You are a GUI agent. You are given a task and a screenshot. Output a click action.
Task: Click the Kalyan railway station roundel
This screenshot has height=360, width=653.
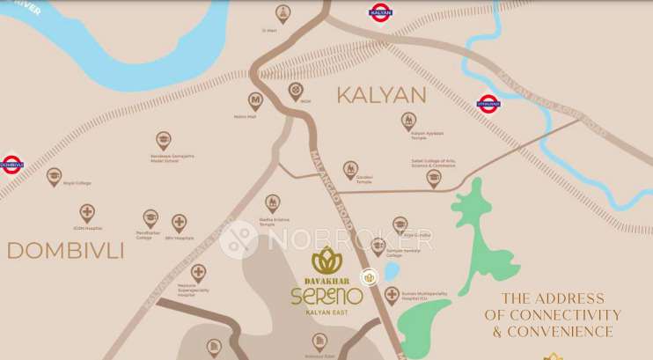(x=379, y=12)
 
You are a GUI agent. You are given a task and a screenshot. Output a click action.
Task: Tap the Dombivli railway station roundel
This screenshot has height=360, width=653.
(x=11, y=164)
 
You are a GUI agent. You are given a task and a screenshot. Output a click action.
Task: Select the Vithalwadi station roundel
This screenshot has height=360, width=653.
(x=488, y=104)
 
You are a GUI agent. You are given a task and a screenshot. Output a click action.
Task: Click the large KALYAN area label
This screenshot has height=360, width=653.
(x=382, y=95)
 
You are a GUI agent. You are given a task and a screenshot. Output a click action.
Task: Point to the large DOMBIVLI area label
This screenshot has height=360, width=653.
(x=65, y=251)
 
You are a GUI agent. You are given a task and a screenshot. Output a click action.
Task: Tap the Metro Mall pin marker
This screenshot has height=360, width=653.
(x=256, y=100)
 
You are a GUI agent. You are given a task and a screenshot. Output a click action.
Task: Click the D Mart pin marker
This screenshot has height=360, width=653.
(x=282, y=12)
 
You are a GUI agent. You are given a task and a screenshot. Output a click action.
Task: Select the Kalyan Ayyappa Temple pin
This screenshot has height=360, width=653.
(x=408, y=120)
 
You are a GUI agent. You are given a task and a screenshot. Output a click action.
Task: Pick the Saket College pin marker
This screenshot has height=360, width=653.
(x=433, y=178)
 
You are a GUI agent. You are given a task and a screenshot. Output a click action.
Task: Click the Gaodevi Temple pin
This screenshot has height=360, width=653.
(x=350, y=167)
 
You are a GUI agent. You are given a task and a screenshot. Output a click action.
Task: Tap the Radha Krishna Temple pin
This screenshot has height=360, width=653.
(x=273, y=202)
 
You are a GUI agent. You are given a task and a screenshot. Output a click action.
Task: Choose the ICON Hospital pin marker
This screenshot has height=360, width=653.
(x=87, y=212)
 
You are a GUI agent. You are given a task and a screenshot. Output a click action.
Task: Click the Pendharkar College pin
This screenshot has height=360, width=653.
(x=150, y=217)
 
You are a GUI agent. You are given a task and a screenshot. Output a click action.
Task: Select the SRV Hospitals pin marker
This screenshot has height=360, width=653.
(x=180, y=223)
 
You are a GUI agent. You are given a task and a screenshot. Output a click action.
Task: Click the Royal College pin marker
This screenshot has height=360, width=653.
(x=55, y=175)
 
